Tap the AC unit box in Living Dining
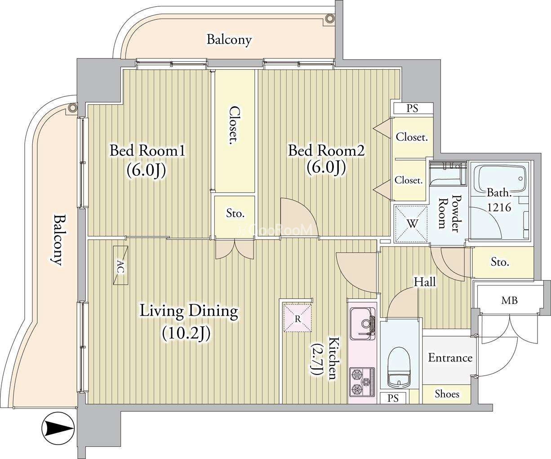[120, 265]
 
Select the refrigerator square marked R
[298, 318]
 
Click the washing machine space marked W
[411, 224]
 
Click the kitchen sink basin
[362, 324]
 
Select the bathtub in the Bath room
[499, 179]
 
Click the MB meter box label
[509, 300]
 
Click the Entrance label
[450, 358]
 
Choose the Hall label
[425, 282]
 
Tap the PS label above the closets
[412, 108]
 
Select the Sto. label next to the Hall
[500, 262]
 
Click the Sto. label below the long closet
[235, 213]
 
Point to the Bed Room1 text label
[147, 151]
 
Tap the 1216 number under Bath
[499, 207]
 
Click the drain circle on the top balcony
[329, 18]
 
